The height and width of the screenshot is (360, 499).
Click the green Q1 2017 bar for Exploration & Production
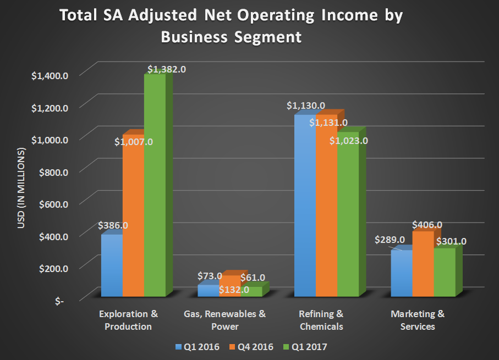tap(155, 187)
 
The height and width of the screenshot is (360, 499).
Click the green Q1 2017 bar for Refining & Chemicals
tap(348, 220)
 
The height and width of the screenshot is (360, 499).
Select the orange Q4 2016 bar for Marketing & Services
tap(423, 264)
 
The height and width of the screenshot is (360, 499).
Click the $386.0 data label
tap(113, 225)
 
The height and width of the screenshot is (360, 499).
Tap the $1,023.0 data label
tap(348, 141)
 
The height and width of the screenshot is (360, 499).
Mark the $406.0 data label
tap(427, 225)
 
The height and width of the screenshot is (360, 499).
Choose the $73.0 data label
tap(210, 276)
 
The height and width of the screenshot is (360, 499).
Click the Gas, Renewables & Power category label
tap(224, 320)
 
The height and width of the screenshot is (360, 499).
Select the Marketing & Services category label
tap(418, 320)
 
